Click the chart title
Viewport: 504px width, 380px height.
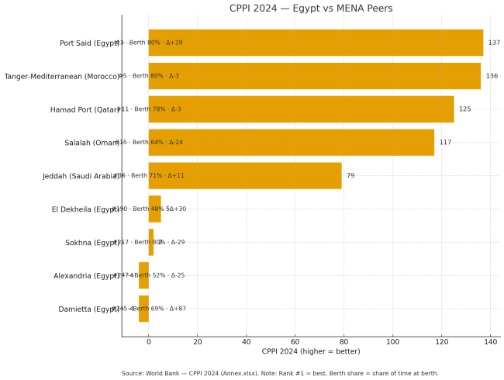pos(311,9)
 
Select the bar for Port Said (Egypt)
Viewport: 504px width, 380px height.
pos(316,43)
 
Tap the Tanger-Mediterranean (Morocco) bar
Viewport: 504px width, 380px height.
pos(314,76)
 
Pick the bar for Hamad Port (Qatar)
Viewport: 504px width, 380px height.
pos(301,109)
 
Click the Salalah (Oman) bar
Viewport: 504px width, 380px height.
pos(291,143)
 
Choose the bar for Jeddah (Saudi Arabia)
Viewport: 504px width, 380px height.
pos(245,176)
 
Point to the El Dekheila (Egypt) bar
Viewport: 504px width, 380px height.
pos(154,209)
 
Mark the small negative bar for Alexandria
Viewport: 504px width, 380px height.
pos(143,275)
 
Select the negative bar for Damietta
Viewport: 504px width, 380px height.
pos(143,309)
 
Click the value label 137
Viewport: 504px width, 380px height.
pos(494,43)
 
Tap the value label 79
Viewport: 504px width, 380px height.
pos(350,176)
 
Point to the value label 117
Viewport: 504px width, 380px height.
pos(445,143)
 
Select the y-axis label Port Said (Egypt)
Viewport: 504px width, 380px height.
pos(89,43)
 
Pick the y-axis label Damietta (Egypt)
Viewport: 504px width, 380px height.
pos(88,309)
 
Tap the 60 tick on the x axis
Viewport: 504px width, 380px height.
pos(295,341)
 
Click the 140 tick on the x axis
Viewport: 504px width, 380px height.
pos(491,341)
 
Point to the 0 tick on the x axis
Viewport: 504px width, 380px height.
pos(149,341)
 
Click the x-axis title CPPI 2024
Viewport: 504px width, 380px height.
pos(311,352)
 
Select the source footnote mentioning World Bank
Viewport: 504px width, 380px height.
pos(279,373)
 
